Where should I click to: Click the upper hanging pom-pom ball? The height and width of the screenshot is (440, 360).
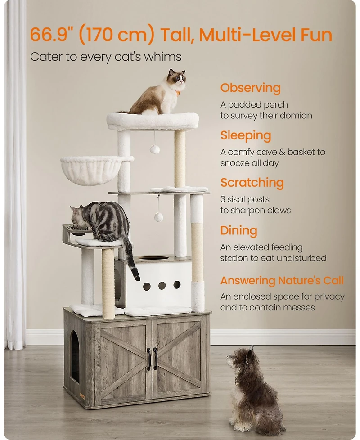(x=155, y=149)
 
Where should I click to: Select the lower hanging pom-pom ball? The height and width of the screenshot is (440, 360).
(x=158, y=217)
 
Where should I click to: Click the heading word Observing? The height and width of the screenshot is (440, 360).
(x=250, y=88)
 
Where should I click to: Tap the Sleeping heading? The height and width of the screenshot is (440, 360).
(x=246, y=136)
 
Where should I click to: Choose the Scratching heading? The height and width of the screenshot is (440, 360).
(x=252, y=183)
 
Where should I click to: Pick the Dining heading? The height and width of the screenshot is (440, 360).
(x=239, y=231)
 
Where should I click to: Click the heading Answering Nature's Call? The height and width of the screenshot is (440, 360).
(x=282, y=280)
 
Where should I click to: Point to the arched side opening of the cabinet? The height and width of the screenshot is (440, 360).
(x=75, y=356)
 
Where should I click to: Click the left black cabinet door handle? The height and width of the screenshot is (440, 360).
(x=149, y=359)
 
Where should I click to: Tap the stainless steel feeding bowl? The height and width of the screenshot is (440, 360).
(x=78, y=230)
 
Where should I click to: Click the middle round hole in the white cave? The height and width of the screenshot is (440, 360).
(x=162, y=286)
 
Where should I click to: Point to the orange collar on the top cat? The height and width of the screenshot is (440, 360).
(x=178, y=93)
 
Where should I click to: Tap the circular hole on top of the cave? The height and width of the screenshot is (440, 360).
(x=154, y=258)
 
